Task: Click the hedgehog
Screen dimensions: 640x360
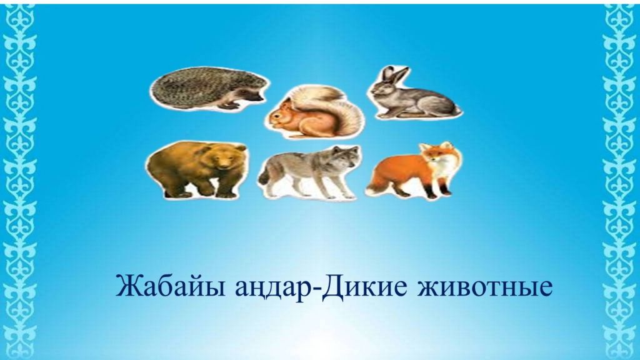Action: pos(208,88)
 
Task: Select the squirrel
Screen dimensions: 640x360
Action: pos(314,112)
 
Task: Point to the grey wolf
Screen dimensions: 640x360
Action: pos(310,171)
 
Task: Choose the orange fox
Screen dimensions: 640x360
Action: pos(414,171)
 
